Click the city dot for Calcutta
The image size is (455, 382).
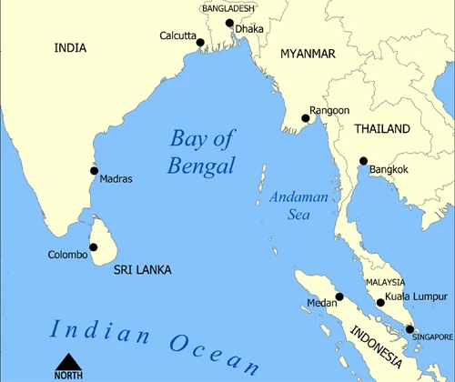coord(200,42)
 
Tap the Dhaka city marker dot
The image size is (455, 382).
coord(229,23)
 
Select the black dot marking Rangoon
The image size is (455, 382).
coord(305,117)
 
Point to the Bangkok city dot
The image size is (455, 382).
coord(363,160)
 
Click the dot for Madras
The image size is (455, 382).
coord(94,170)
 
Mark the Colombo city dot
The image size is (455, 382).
coord(93,246)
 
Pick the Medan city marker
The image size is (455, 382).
coord(339,297)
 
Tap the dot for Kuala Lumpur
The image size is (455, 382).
coord(380,303)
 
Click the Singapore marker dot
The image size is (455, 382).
coord(410,329)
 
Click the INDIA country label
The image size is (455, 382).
coord(71,47)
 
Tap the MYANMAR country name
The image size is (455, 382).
coord(308,54)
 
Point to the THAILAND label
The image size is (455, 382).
coord(383,129)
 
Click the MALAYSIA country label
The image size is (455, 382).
coord(386,283)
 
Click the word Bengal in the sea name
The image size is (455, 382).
coord(201,166)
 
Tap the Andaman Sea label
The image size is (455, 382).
coord(294,206)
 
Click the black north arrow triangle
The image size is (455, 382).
coord(68,359)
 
